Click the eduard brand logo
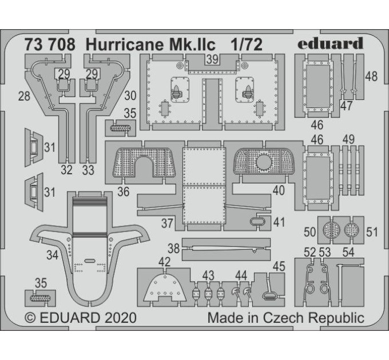coord(331,44)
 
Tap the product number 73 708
coord(50,45)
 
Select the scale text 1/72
coord(247,45)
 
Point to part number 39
coord(212,59)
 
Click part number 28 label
coord(24,96)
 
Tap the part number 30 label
coord(130,95)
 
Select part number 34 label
coord(53,255)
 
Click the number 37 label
coord(167,223)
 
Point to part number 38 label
coord(173,249)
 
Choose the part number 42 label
coord(164,262)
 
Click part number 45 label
coord(279,266)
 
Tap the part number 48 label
coord(371,77)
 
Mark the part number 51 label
coord(372,232)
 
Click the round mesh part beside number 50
coord(331,230)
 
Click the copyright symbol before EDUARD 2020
coord(30,318)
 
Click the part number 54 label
coord(348,252)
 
